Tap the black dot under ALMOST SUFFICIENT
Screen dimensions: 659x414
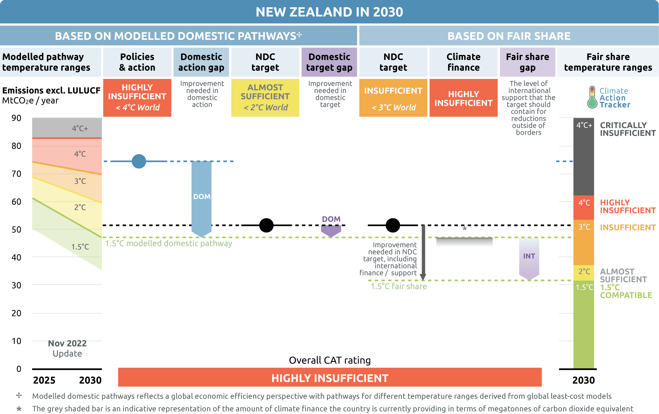point(266,225)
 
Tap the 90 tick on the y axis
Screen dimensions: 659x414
point(16,118)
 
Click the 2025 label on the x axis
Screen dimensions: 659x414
point(44,380)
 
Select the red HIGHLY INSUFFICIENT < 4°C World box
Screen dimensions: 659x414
point(137,98)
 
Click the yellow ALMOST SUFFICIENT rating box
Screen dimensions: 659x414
point(265,98)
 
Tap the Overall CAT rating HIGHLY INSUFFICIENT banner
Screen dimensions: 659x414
point(330,377)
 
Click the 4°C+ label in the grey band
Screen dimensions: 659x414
point(80,128)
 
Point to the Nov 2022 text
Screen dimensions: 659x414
point(67,343)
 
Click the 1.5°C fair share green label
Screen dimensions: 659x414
point(399,286)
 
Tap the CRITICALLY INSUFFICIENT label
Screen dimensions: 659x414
point(628,129)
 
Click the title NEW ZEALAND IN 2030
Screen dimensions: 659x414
point(329,12)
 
